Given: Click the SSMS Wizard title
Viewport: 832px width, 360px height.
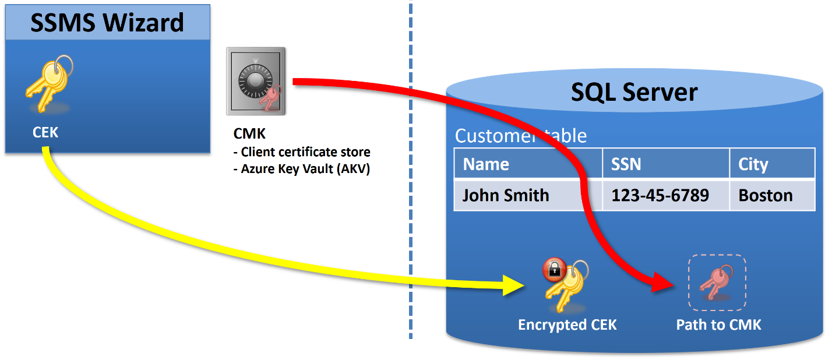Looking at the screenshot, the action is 107,23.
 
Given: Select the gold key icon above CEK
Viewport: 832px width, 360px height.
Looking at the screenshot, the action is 50,84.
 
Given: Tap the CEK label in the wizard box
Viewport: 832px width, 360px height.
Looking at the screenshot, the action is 45,132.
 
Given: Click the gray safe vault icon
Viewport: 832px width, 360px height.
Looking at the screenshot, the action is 256,81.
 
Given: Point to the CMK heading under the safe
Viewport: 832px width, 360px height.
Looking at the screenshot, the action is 249,133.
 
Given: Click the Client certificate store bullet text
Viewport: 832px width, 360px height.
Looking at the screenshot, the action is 302,152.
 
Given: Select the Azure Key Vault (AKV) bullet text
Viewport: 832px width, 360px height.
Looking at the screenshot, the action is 302,169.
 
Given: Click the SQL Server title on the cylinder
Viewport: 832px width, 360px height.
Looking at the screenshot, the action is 634,92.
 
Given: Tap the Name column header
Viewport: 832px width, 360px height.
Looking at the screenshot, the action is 486,164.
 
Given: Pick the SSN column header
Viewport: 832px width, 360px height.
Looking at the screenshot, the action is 626,164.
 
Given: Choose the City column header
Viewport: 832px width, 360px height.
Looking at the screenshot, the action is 753,165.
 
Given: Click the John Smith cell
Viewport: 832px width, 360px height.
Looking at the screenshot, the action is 506,195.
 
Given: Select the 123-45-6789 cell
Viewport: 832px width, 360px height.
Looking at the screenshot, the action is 660,195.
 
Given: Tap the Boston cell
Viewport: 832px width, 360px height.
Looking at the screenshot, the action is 766,195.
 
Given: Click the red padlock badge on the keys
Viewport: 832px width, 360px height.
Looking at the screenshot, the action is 554,269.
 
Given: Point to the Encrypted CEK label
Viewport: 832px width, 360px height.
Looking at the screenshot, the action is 567,324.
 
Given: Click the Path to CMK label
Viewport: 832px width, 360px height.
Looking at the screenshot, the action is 718,324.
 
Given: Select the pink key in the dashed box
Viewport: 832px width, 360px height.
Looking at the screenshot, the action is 716,283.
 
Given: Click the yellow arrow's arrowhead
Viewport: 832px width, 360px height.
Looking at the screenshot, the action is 513,285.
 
